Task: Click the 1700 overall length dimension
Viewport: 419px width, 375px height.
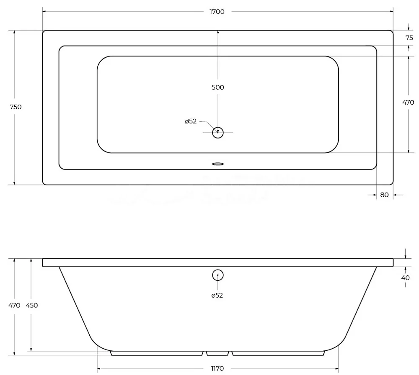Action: [x=217, y=12]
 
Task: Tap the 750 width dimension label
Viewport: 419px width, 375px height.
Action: [x=16, y=107]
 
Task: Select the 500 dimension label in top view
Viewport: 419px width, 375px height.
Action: [x=218, y=87]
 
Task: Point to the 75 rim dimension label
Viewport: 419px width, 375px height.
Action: [x=409, y=38]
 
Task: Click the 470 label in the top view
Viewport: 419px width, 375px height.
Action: [x=408, y=102]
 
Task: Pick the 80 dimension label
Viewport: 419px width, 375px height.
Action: [x=384, y=195]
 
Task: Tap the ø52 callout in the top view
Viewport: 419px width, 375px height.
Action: [x=191, y=121]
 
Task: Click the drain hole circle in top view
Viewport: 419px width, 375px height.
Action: [x=218, y=127]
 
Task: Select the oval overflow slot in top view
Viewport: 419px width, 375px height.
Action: [x=218, y=164]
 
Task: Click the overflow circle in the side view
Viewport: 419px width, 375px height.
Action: [x=218, y=270]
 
